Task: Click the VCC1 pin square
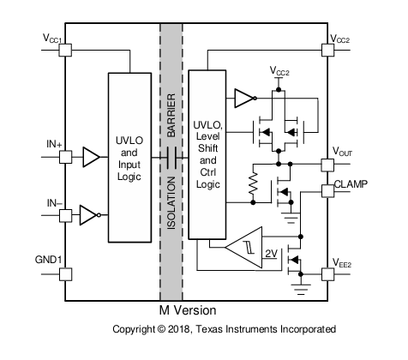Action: pyautogui.click(x=65, y=51)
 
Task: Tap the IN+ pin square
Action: pyautogui.click(x=65, y=157)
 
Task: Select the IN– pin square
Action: pyautogui.click(x=65, y=216)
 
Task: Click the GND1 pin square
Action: pyautogui.click(x=65, y=274)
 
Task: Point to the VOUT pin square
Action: pyautogui.click(x=327, y=165)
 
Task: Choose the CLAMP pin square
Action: pyautogui.click(x=327, y=191)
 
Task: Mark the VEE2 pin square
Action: pyautogui.click(x=327, y=274)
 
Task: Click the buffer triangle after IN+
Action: pyautogui.click(x=92, y=157)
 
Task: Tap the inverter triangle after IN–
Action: pyautogui.click(x=90, y=215)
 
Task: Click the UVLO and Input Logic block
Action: pyautogui.click(x=129, y=158)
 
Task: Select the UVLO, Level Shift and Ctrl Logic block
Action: pyautogui.click(x=207, y=154)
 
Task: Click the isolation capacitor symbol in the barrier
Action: pyautogui.click(x=171, y=158)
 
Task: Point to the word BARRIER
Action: pyautogui.click(x=171, y=116)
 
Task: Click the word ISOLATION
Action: pyautogui.click(x=171, y=203)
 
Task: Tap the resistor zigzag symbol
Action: pyautogui.click(x=253, y=184)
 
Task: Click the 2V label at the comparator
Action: pyautogui.click(x=271, y=254)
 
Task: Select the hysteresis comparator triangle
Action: pyautogui.click(x=243, y=248)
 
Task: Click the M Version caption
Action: pyautogui.click(x=188, y=310)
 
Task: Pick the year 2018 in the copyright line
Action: pyautogui.click(x=178, y=329)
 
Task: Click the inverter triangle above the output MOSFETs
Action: pyautogui.click(x=245, y=99)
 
